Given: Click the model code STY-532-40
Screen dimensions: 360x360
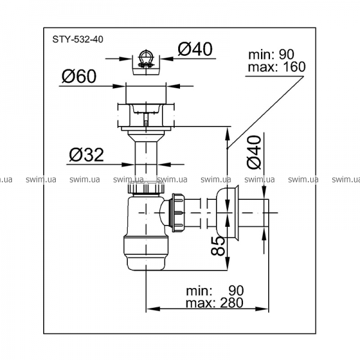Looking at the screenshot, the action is [x=78, y=40].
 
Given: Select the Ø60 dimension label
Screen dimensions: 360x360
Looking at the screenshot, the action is [x=79, y=76].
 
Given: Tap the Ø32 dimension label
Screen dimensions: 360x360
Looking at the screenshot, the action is [x=86, y=155].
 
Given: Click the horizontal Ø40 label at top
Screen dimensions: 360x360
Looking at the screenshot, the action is [x=195, y=49].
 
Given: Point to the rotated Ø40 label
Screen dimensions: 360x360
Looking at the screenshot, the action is [x=254, y=152].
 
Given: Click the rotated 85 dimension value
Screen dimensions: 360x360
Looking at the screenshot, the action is [x=217, y=246].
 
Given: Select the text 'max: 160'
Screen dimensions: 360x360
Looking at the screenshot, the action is [x=277, y=67].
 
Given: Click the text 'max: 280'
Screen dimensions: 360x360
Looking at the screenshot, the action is [x=214, y=302].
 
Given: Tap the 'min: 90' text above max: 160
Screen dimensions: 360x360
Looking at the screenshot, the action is [x=271, y=55].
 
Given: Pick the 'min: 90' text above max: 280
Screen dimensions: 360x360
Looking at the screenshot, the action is [x=215, y=290].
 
